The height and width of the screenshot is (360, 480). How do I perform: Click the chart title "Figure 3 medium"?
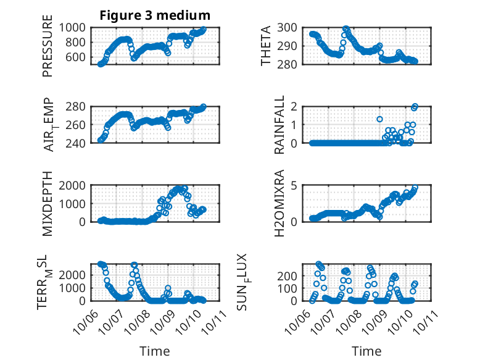(155, 15)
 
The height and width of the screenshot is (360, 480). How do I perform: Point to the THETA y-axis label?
(266, 46)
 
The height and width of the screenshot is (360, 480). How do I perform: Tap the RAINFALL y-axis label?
(279, 125)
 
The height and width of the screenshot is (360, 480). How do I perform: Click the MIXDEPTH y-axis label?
(48, 203)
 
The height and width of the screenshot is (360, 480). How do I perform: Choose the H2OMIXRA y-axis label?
(279, 203)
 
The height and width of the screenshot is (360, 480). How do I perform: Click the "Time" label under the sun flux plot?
(366, 351)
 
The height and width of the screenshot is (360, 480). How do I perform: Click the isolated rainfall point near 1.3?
(380, 119)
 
